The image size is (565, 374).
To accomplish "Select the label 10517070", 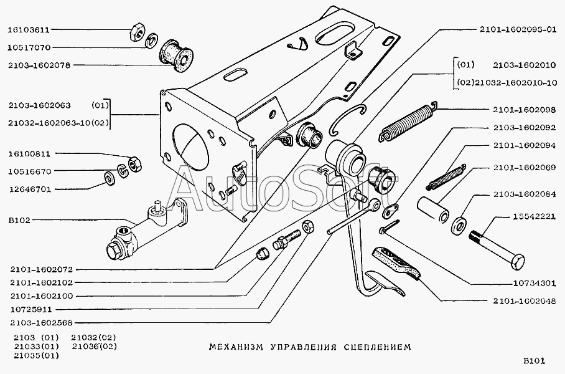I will [x=29, y=47].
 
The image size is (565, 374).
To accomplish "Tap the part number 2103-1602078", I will [x=39, y=64].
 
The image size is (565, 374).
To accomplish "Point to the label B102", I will [x=19, y=219].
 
